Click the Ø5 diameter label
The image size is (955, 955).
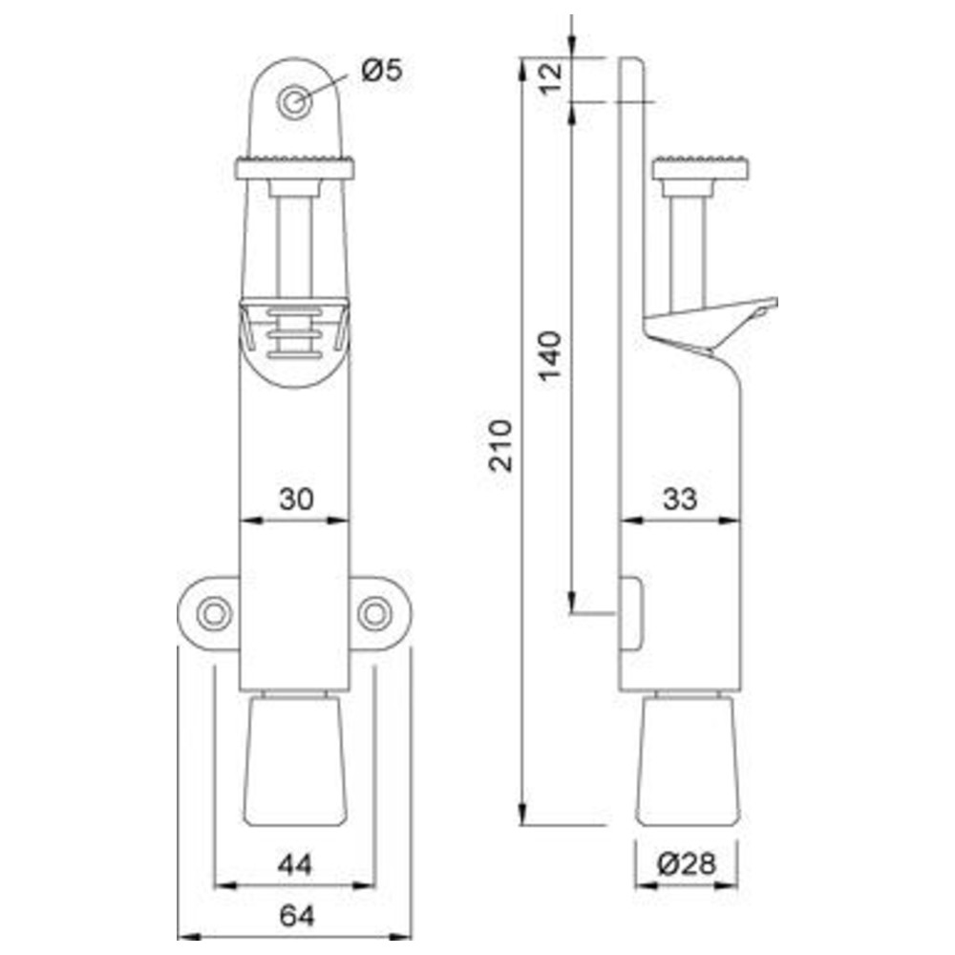coord(381,70)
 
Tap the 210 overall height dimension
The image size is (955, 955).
coord(500,445)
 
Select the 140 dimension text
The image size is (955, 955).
coord(550,355)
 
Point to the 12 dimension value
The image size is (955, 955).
coord(552,77)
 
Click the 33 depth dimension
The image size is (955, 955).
coord(680,499)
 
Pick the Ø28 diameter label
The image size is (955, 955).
coord(687,863)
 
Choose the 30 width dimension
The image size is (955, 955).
coord(296,499)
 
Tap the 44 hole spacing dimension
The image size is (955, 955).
coord(295,864)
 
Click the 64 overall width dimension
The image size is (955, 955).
coord(297,916)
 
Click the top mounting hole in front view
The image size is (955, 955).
coord(295,102)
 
